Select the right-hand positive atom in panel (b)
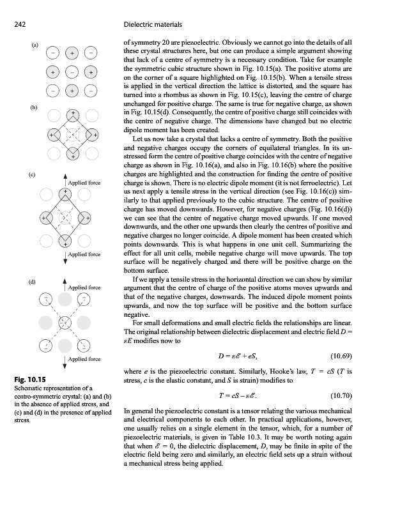click(93, 136)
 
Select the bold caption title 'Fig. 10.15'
click(27, 380)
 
